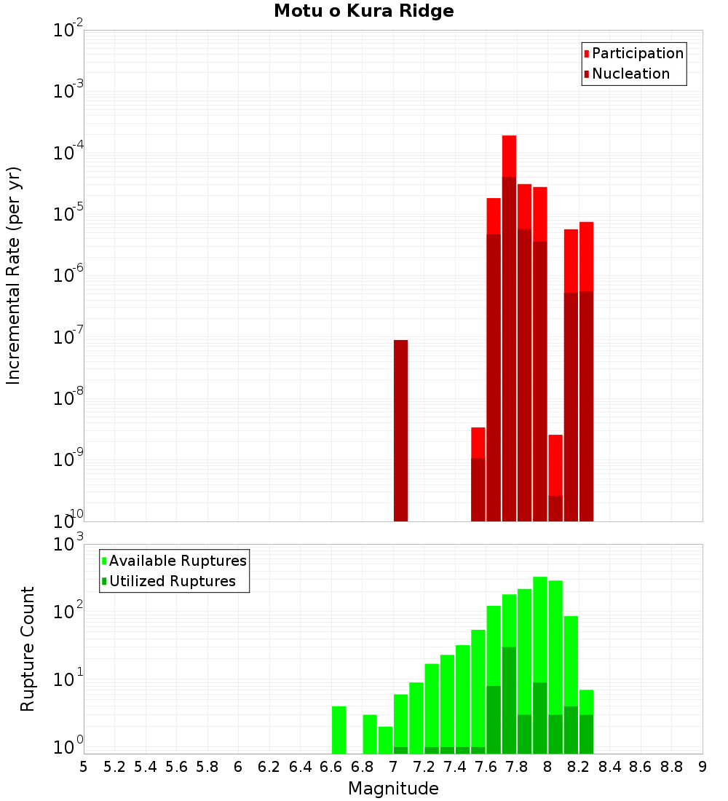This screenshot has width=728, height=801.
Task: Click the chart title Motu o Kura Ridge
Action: [363, 12]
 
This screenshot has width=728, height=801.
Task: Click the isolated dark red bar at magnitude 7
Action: [400, 430]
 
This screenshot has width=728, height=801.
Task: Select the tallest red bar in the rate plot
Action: [509, 328]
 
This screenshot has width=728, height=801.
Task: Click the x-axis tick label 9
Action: [702, 767]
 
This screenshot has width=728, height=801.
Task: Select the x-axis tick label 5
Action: [84, 767]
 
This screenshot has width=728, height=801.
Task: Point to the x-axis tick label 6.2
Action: [269, 767]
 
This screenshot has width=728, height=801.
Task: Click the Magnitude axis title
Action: [393, 789]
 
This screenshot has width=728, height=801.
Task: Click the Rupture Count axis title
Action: [28, 649]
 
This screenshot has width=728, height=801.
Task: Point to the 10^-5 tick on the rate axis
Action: [68, 213]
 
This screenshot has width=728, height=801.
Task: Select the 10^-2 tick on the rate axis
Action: [68, 30]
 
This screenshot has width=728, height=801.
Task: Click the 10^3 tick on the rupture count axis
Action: [68, 544]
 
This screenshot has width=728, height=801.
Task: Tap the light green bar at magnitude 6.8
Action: [370, 734]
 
